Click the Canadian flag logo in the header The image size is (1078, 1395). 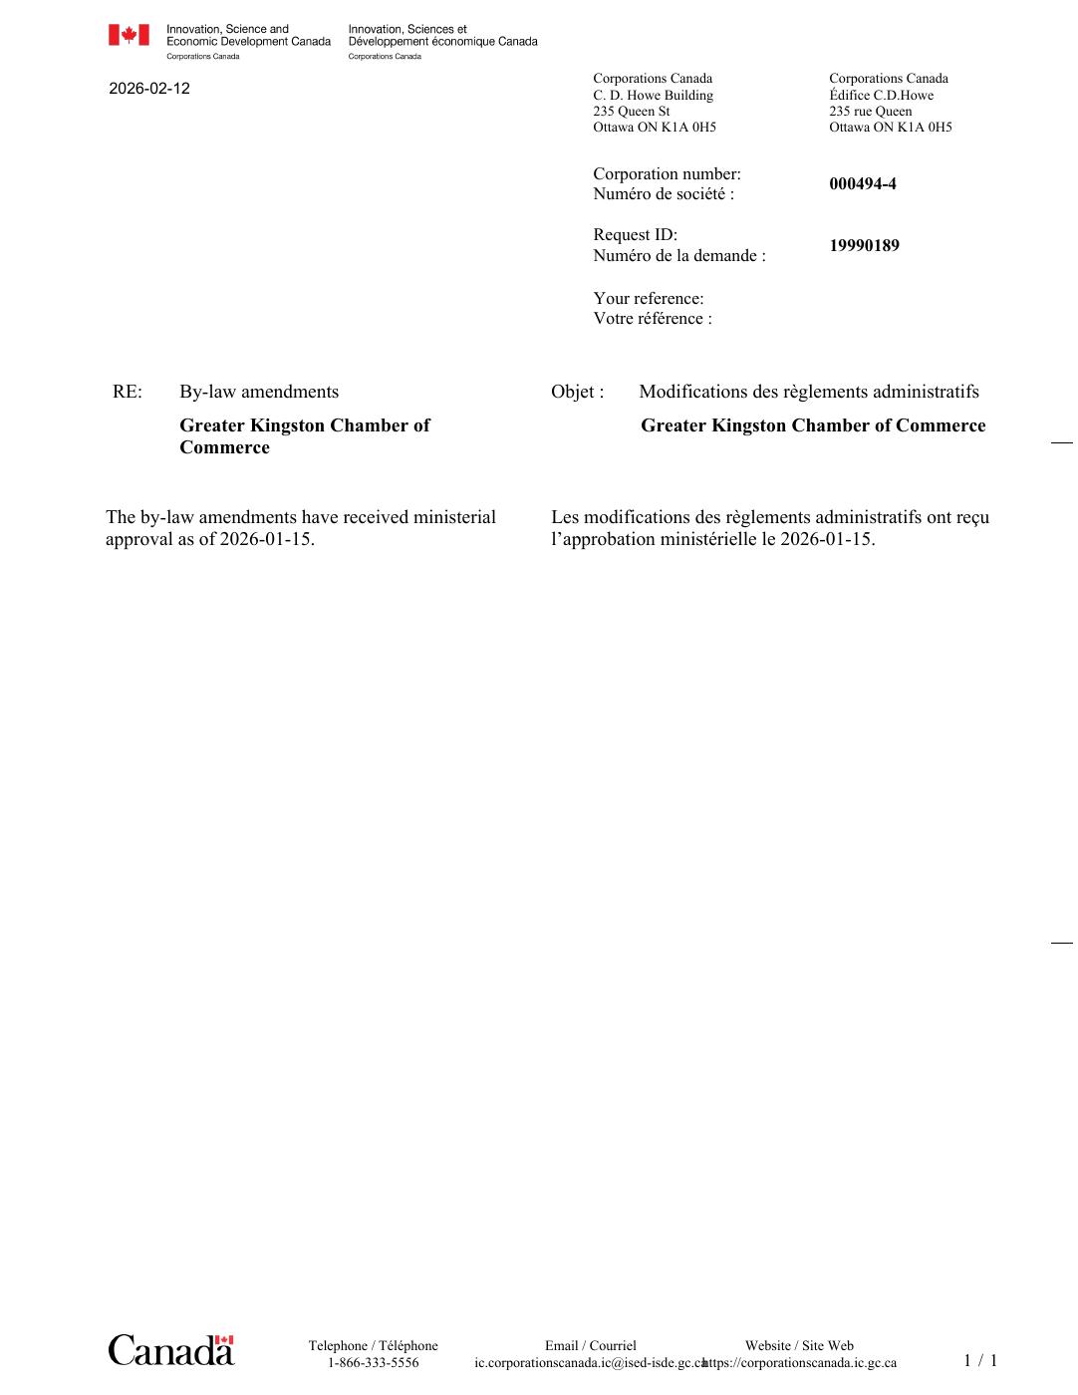[129, 36]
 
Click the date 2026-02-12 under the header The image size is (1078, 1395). [149, 89]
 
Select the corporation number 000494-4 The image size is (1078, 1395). [862, 184]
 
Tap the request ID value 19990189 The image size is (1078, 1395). [864, 246]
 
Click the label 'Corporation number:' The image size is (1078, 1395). [667, 174]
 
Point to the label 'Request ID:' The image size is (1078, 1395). [635, 235]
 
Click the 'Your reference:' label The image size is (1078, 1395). [648, 299]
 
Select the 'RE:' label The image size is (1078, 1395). [128, 392]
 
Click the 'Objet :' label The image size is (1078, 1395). [577, 392]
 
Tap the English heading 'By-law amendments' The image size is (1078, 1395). [259, 392]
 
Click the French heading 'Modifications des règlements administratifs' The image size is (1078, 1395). [808, 392]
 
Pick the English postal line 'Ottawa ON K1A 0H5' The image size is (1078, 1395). [654, 128]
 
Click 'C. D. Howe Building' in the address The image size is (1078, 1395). [653, 96]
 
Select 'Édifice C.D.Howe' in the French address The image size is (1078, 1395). [881, 96]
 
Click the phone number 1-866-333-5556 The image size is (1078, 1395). [373, 1363]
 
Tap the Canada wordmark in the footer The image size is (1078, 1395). [170, 1350]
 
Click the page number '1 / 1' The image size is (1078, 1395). [979, 1361]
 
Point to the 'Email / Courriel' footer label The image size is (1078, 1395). [590, 1346]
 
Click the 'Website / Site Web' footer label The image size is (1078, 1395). [799, 1346]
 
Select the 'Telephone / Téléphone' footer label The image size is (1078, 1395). [373, 1346]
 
